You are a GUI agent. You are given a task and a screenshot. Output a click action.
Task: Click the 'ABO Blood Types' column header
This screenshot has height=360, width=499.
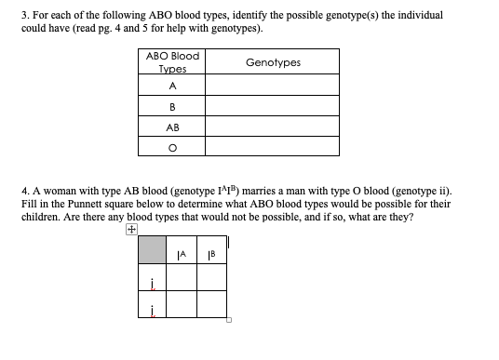coord(172,62)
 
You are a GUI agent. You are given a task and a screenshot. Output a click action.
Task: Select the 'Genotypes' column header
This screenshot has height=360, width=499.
coord(273,62)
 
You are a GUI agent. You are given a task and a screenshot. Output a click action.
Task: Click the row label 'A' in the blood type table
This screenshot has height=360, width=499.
coord(172,85)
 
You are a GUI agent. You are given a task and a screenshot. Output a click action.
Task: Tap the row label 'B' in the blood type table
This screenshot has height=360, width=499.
coord(172,106)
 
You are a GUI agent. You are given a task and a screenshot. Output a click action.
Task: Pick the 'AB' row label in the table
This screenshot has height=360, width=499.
coord(172,127)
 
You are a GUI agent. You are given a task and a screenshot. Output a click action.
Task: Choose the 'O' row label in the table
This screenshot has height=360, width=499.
coord(172,147)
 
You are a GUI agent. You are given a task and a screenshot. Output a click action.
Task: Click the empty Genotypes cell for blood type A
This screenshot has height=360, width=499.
coord(272,85)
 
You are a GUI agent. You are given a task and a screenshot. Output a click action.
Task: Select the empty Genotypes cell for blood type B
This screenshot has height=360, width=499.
coord(272,106)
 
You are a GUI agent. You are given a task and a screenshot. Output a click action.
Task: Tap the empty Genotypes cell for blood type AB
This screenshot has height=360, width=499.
coord(272,127)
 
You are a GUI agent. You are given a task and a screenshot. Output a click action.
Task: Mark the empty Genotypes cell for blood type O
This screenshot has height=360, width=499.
coord(272,147)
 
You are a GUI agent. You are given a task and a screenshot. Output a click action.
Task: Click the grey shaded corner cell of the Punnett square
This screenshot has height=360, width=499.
coord(152,249)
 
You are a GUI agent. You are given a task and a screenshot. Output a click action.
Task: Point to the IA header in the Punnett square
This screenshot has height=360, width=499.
coord(182,249)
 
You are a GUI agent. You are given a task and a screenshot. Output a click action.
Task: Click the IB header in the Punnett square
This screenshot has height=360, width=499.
coord(211,249)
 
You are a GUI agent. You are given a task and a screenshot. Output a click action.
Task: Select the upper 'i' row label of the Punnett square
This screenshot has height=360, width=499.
coord(152,277)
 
